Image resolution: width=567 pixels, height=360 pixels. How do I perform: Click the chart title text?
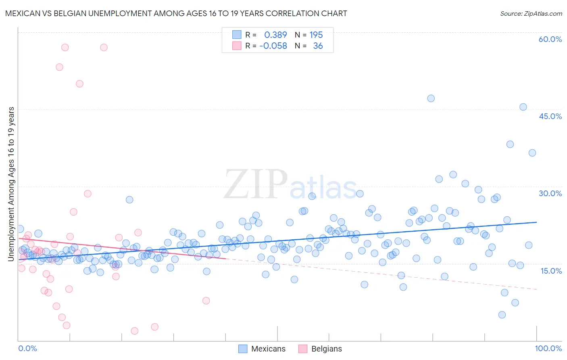point(176,13)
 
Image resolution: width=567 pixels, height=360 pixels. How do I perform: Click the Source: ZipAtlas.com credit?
point(531,13)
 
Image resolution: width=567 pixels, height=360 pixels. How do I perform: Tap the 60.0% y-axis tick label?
point(550,39)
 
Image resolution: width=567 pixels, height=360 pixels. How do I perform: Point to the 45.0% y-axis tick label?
point(550,116)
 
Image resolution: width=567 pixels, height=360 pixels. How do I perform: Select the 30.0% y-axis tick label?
point(550,193)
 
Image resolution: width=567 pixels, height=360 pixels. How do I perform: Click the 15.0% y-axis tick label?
point(551,271)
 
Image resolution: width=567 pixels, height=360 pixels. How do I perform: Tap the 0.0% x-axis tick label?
point(27,348)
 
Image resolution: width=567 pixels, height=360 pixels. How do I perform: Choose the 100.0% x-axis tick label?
point(548,348)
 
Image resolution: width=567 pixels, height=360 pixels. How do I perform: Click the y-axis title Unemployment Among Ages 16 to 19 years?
point(11,184)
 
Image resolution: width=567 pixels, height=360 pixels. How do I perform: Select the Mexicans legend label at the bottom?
point(268,349)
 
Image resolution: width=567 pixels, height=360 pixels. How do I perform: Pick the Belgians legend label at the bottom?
point(327,349)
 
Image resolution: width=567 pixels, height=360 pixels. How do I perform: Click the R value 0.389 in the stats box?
point(275,35)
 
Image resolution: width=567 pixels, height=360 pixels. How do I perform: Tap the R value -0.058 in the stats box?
point(273,46)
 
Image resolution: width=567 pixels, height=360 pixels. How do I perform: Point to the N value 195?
point(316,35)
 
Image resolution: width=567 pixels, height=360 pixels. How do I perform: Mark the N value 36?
point(318,46)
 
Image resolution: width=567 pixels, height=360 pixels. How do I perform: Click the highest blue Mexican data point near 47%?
point(431,98)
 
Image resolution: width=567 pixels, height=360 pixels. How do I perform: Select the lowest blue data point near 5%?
point(502,315)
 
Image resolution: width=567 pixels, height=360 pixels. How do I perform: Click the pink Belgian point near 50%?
point(79,84)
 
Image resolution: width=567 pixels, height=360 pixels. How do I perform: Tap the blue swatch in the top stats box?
point(237,35)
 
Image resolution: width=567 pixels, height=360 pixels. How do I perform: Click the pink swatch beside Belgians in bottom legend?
point(302,349)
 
